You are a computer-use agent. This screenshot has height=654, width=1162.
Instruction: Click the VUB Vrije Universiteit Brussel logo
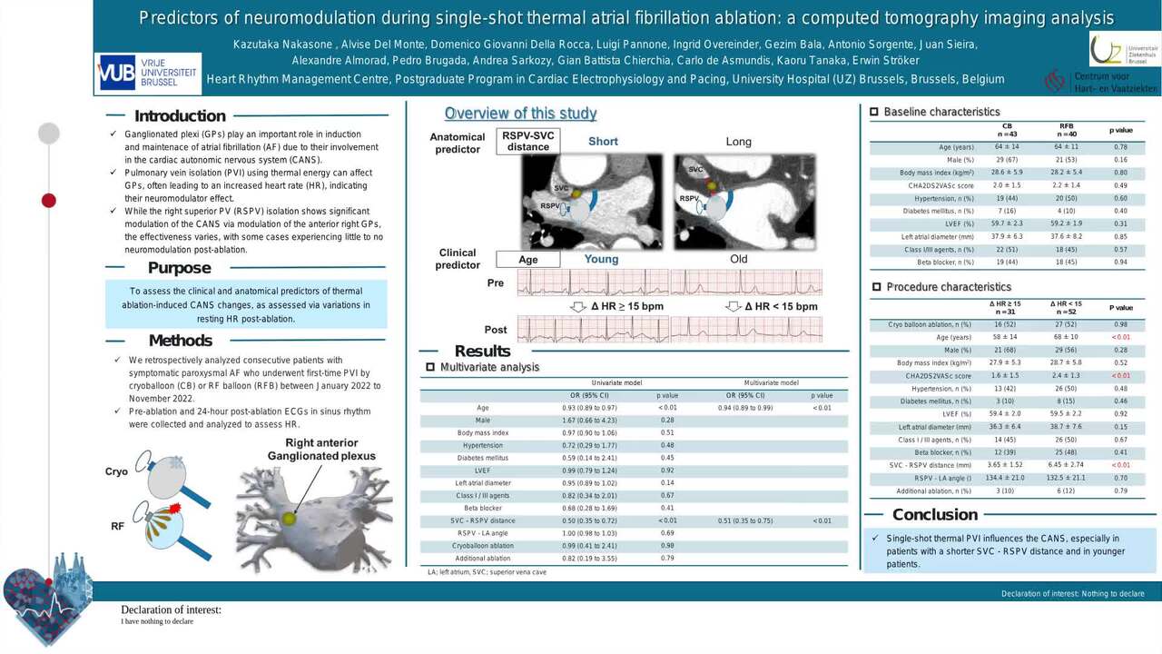(x=147, y=72)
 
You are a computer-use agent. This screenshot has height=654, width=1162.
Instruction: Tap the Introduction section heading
(x=180, y=115)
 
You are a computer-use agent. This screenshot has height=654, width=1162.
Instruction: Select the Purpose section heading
(x=180, y=268)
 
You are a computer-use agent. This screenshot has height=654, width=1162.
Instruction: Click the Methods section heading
(x=180, y=341)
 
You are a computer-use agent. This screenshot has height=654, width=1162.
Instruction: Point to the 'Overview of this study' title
(x=520, y=114)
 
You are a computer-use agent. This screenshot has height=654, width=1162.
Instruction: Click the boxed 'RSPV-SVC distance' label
(x=527, y=141)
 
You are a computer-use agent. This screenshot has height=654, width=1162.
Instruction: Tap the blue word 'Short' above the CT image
(x=603, y=141)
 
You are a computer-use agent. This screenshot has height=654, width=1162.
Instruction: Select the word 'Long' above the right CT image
(x=739, y=141)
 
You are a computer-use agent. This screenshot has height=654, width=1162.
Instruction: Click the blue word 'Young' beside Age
(x=601, y=259)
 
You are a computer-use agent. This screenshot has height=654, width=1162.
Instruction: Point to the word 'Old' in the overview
(x=739, y=259)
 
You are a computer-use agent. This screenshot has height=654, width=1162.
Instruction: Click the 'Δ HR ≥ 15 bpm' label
(x=627, y=306)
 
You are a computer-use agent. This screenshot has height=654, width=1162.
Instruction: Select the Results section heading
(x=482, y=352)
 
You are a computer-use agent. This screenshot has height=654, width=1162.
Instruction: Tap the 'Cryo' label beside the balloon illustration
(x=116, y=471)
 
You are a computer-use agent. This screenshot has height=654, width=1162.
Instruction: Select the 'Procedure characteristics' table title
(x=949, y=287)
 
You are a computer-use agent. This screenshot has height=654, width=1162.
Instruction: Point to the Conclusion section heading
(x=935, y=515)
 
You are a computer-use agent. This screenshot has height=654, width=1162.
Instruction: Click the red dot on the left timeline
(x=49, y=200)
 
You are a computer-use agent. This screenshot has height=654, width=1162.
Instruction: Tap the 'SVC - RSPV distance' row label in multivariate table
(x=482, y=520)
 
